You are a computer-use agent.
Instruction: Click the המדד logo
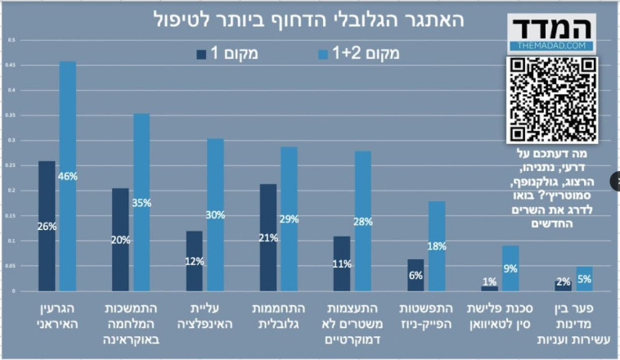547,32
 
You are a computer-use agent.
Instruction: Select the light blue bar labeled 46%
67,176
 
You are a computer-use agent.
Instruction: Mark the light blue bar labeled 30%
215,214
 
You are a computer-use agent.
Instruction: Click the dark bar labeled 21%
267,237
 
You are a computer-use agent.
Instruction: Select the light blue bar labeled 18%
437,245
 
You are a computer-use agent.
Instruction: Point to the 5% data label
584,279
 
